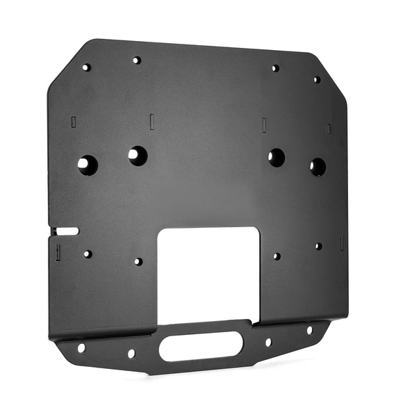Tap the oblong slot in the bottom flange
pyautogui.click(x=205, y=345)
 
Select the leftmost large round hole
pyautogui.click(x=87, y=165)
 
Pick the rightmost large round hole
pyautogui.click(x=318, y=167)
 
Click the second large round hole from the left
pyautogui.click(x=138, y=156)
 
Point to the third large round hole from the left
pyautogui.click(x=277, y=158)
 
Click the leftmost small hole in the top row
pyautogui.click(x=86, y=67)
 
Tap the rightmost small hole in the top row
pyautogui.click(x=316, y=79)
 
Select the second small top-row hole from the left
pyautogui.click(x=137, y=60)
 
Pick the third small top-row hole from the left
pyautogui.click(x=275, y=68)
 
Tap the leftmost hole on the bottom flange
pyautogui.click(x=81, y=347)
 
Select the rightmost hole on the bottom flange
pyautogui.click(x=310, y=330)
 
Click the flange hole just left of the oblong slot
pyautogui.click(x=131, y=353)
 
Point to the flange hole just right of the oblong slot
pyautogui.click(x=268, y=342)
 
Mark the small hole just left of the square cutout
pyautogui.click(x=138, y=262)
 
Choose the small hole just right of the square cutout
pyautogui.click(x=276, y=256)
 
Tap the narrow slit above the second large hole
pyautogui.click(x=151, y=120)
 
